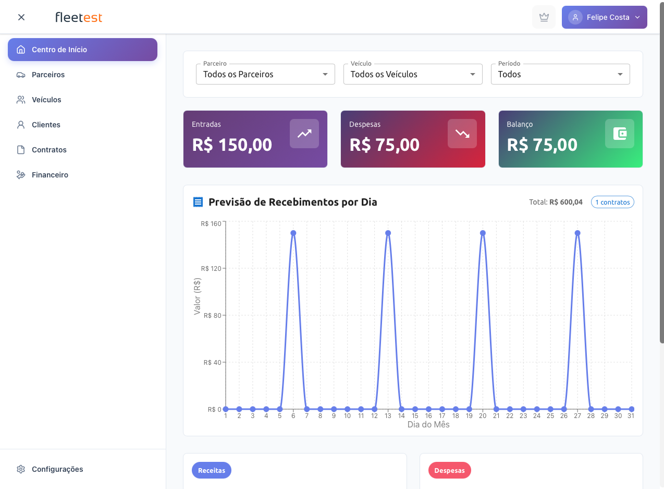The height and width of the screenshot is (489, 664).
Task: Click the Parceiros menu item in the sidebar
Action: click(48, 75)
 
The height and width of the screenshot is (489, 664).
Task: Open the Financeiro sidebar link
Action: click(50, 175)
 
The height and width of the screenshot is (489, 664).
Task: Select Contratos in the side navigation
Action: click(49, 150)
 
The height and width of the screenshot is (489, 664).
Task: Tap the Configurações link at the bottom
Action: click(57, 469)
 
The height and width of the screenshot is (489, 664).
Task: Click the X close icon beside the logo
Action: click(21, 17)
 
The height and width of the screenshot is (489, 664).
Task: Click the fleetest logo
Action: click(79, 17)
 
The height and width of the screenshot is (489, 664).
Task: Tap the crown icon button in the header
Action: click(544, 17)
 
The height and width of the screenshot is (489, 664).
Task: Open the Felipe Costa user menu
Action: click(604, 17)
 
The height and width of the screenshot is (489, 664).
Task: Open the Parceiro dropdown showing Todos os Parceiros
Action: click(265, 74)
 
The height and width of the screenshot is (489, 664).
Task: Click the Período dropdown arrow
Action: click(620, 74)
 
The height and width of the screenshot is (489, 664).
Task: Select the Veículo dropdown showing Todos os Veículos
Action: click(413, 74)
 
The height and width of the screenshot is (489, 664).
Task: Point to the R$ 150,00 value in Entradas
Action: click(232, 145)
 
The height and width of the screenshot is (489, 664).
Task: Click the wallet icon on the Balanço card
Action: click(620, 134)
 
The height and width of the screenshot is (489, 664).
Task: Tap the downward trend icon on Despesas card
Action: click(462, 134)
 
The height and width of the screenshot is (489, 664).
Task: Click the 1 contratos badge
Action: click(612, 202)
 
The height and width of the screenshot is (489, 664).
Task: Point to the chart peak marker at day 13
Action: click(388, 233)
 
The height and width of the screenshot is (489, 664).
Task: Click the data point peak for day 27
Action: click(577, 233)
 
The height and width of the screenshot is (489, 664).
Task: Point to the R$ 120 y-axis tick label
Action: click(211, 269)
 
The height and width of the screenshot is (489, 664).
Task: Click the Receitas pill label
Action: click(212, 470)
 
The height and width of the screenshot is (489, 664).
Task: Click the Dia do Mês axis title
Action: click(428, 425)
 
